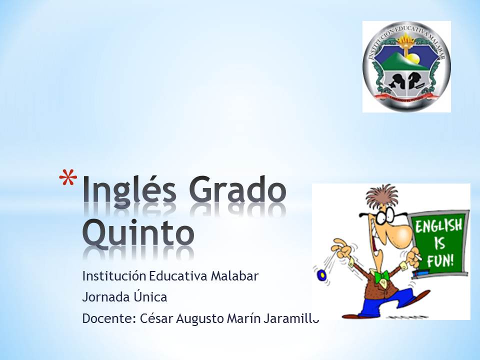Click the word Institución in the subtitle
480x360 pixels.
[114, 275]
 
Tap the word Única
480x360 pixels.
[149, 297]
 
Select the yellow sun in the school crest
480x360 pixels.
[412, 59]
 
